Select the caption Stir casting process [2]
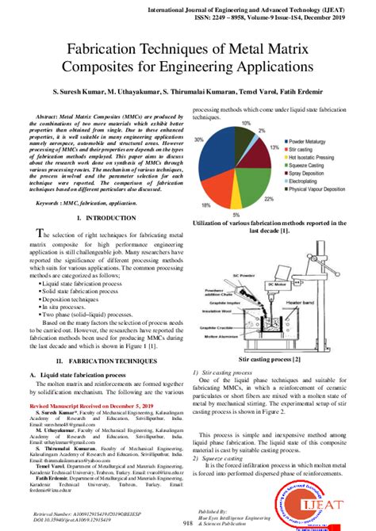pyautogui.click(x=273, y=359)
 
